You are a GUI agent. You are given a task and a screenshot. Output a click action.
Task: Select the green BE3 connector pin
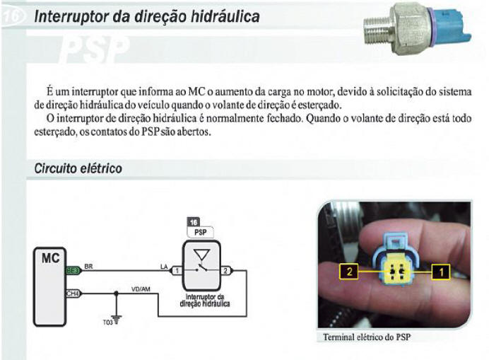click(73, 270)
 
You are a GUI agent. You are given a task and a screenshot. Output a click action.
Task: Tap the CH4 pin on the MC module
click(73, 292)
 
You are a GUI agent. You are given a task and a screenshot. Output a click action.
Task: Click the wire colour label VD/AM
click(140, 287)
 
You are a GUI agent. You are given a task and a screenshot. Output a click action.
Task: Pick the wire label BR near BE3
click(88, 266)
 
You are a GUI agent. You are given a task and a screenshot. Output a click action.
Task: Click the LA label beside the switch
click(165, 266)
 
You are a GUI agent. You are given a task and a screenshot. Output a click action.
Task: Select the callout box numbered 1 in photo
click(440, 269)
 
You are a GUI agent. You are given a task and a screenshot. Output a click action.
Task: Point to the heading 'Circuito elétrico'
click(78, 169)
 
